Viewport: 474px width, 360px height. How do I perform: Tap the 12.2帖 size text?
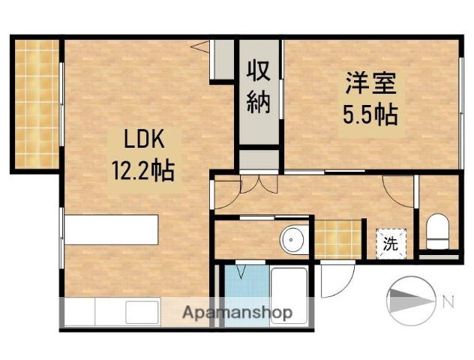point(143,172)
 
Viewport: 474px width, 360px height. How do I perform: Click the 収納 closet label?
point(259,88)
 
